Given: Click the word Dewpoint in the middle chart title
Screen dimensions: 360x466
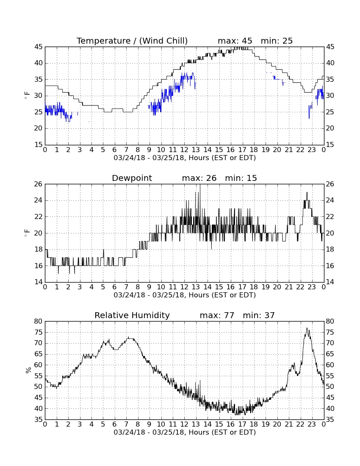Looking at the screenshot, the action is click(x=132, y=178).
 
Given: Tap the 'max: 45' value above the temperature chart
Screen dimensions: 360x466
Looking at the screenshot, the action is click(x=235, y=41).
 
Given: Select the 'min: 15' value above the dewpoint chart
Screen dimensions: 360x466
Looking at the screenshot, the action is click(x=241, y=178).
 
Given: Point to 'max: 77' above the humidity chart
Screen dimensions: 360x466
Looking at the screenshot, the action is click(x=217, y=315).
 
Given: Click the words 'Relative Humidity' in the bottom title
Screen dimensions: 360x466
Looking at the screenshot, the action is click(x=132, y=315).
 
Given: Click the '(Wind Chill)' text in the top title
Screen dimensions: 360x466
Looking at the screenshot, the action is click(x=163, y=41).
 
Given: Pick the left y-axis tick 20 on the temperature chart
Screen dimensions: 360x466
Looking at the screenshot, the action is click(x=39, y=128).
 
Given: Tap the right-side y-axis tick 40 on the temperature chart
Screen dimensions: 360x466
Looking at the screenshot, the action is click(x=330, y=63).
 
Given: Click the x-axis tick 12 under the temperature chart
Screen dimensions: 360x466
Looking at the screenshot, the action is click(x=184, y=150).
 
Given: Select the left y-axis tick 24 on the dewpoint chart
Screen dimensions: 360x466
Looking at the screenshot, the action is click(x=39, y=200).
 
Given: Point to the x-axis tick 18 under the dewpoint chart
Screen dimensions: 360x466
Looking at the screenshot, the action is click(x=254, y=287).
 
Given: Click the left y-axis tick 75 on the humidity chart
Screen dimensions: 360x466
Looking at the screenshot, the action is click(x=39, y=332).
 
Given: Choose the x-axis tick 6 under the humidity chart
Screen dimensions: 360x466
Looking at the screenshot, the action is click(x=115, y=424).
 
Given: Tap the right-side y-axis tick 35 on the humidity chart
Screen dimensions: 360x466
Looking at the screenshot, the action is click(x=330, y=420).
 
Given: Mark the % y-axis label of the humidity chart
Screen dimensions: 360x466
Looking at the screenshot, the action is click(x=28, y=370).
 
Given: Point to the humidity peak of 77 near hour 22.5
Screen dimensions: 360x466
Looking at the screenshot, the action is click(x=307, y=328).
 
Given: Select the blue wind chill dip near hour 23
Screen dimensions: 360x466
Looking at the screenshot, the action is click(x=309, y=114).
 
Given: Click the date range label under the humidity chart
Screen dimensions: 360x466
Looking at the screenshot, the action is click(x=185, y=432).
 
